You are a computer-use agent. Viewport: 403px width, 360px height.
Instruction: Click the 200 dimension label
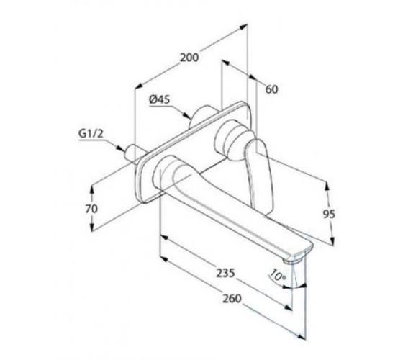[189, 58]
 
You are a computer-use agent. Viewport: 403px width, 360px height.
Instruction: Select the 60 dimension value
[272, 89]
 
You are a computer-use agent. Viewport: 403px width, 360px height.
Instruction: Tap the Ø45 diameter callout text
[159, 99]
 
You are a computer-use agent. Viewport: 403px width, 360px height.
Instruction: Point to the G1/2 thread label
[91, 134]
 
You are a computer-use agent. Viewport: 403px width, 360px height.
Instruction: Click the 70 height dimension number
[92, 209]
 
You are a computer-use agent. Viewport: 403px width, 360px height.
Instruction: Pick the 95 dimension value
[329, 214]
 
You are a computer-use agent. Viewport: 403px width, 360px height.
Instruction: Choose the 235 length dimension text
[225, 273]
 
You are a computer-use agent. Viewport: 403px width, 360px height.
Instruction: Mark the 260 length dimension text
[232, 299]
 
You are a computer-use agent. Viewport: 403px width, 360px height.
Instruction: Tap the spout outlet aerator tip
[294, 260]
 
